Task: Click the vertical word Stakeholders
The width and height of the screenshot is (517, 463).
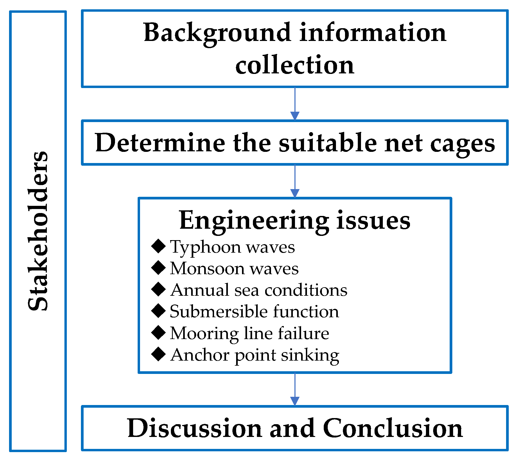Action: pyautogui.click(x=38, y=231)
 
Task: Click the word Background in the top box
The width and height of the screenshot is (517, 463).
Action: pyautogui.click(x=217, y=32)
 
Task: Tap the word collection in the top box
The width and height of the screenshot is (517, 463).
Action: pyautogui.click(x=295, y=65)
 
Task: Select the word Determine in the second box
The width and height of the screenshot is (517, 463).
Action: pyautogui.click(x=160, y=143)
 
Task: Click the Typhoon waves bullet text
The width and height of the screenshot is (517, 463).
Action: pyautogui.click(x=232, y=247)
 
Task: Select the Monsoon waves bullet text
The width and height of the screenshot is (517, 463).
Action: pyautogui.click(x=234, y=268)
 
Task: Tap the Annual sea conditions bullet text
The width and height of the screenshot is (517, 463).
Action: pyautogui.click(x=258, y=290)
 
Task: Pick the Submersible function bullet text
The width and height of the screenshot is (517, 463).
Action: pyautogui.click(x=255, y=311)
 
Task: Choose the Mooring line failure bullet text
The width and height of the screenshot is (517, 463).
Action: pyautogui.click(x=249, y=333)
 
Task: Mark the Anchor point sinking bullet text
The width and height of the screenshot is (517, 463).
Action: pyautogui.click(x=255, y=355)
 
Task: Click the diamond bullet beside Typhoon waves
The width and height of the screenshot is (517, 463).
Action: pyautogui.click(x=159, y=246)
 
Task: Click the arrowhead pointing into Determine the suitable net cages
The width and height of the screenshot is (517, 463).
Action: pyautogui.click(x=295, y=116)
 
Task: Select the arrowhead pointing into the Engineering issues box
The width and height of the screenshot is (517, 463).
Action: pyautogui.click(x=295, y=193)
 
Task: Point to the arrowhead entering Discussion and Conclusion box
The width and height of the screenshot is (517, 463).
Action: pyautogui.click(x=295, y=401)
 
